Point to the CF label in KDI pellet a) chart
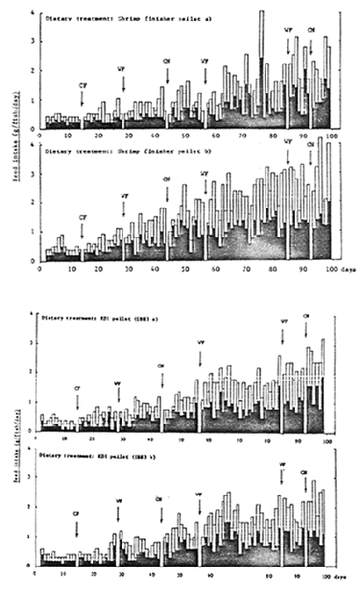point(77,388)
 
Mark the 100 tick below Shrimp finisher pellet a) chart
point(331,136)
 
